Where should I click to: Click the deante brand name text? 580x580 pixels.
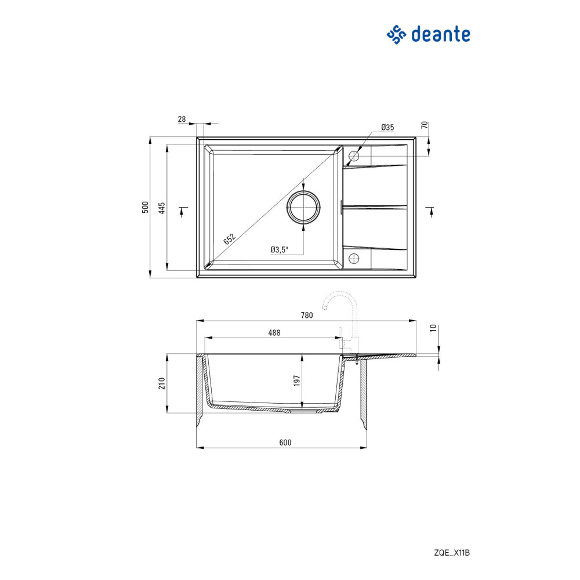coord(441,34)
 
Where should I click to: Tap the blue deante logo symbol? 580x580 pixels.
coord(396,35)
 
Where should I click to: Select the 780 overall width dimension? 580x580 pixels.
coord(307,315)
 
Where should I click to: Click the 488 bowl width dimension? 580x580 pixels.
coord(274,333)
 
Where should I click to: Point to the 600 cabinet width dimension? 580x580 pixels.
coord(285,443)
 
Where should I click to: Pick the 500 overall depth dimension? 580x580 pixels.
coord(145,207)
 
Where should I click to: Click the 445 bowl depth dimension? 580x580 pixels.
coord(162,208)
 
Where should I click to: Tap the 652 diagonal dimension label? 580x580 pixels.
coord(229,239)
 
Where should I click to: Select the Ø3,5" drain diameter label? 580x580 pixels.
coord(279,249)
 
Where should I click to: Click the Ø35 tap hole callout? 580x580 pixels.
coord(387,127)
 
